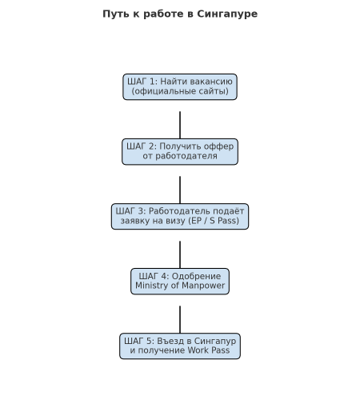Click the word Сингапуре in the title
point(227,14)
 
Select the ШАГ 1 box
point(180,86)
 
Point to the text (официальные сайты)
point(180,91)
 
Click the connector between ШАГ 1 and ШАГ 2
point(180,125)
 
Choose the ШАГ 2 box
point(180,152)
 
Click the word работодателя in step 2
point(186,156)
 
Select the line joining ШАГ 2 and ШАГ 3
point(180,190)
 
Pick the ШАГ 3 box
point(180,217)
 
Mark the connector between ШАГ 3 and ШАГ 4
point(180,254)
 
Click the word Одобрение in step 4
point(196,277)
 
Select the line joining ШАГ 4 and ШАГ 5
point(180,319)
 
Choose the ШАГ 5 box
point(180,346)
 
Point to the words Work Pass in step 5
point(209,350)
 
